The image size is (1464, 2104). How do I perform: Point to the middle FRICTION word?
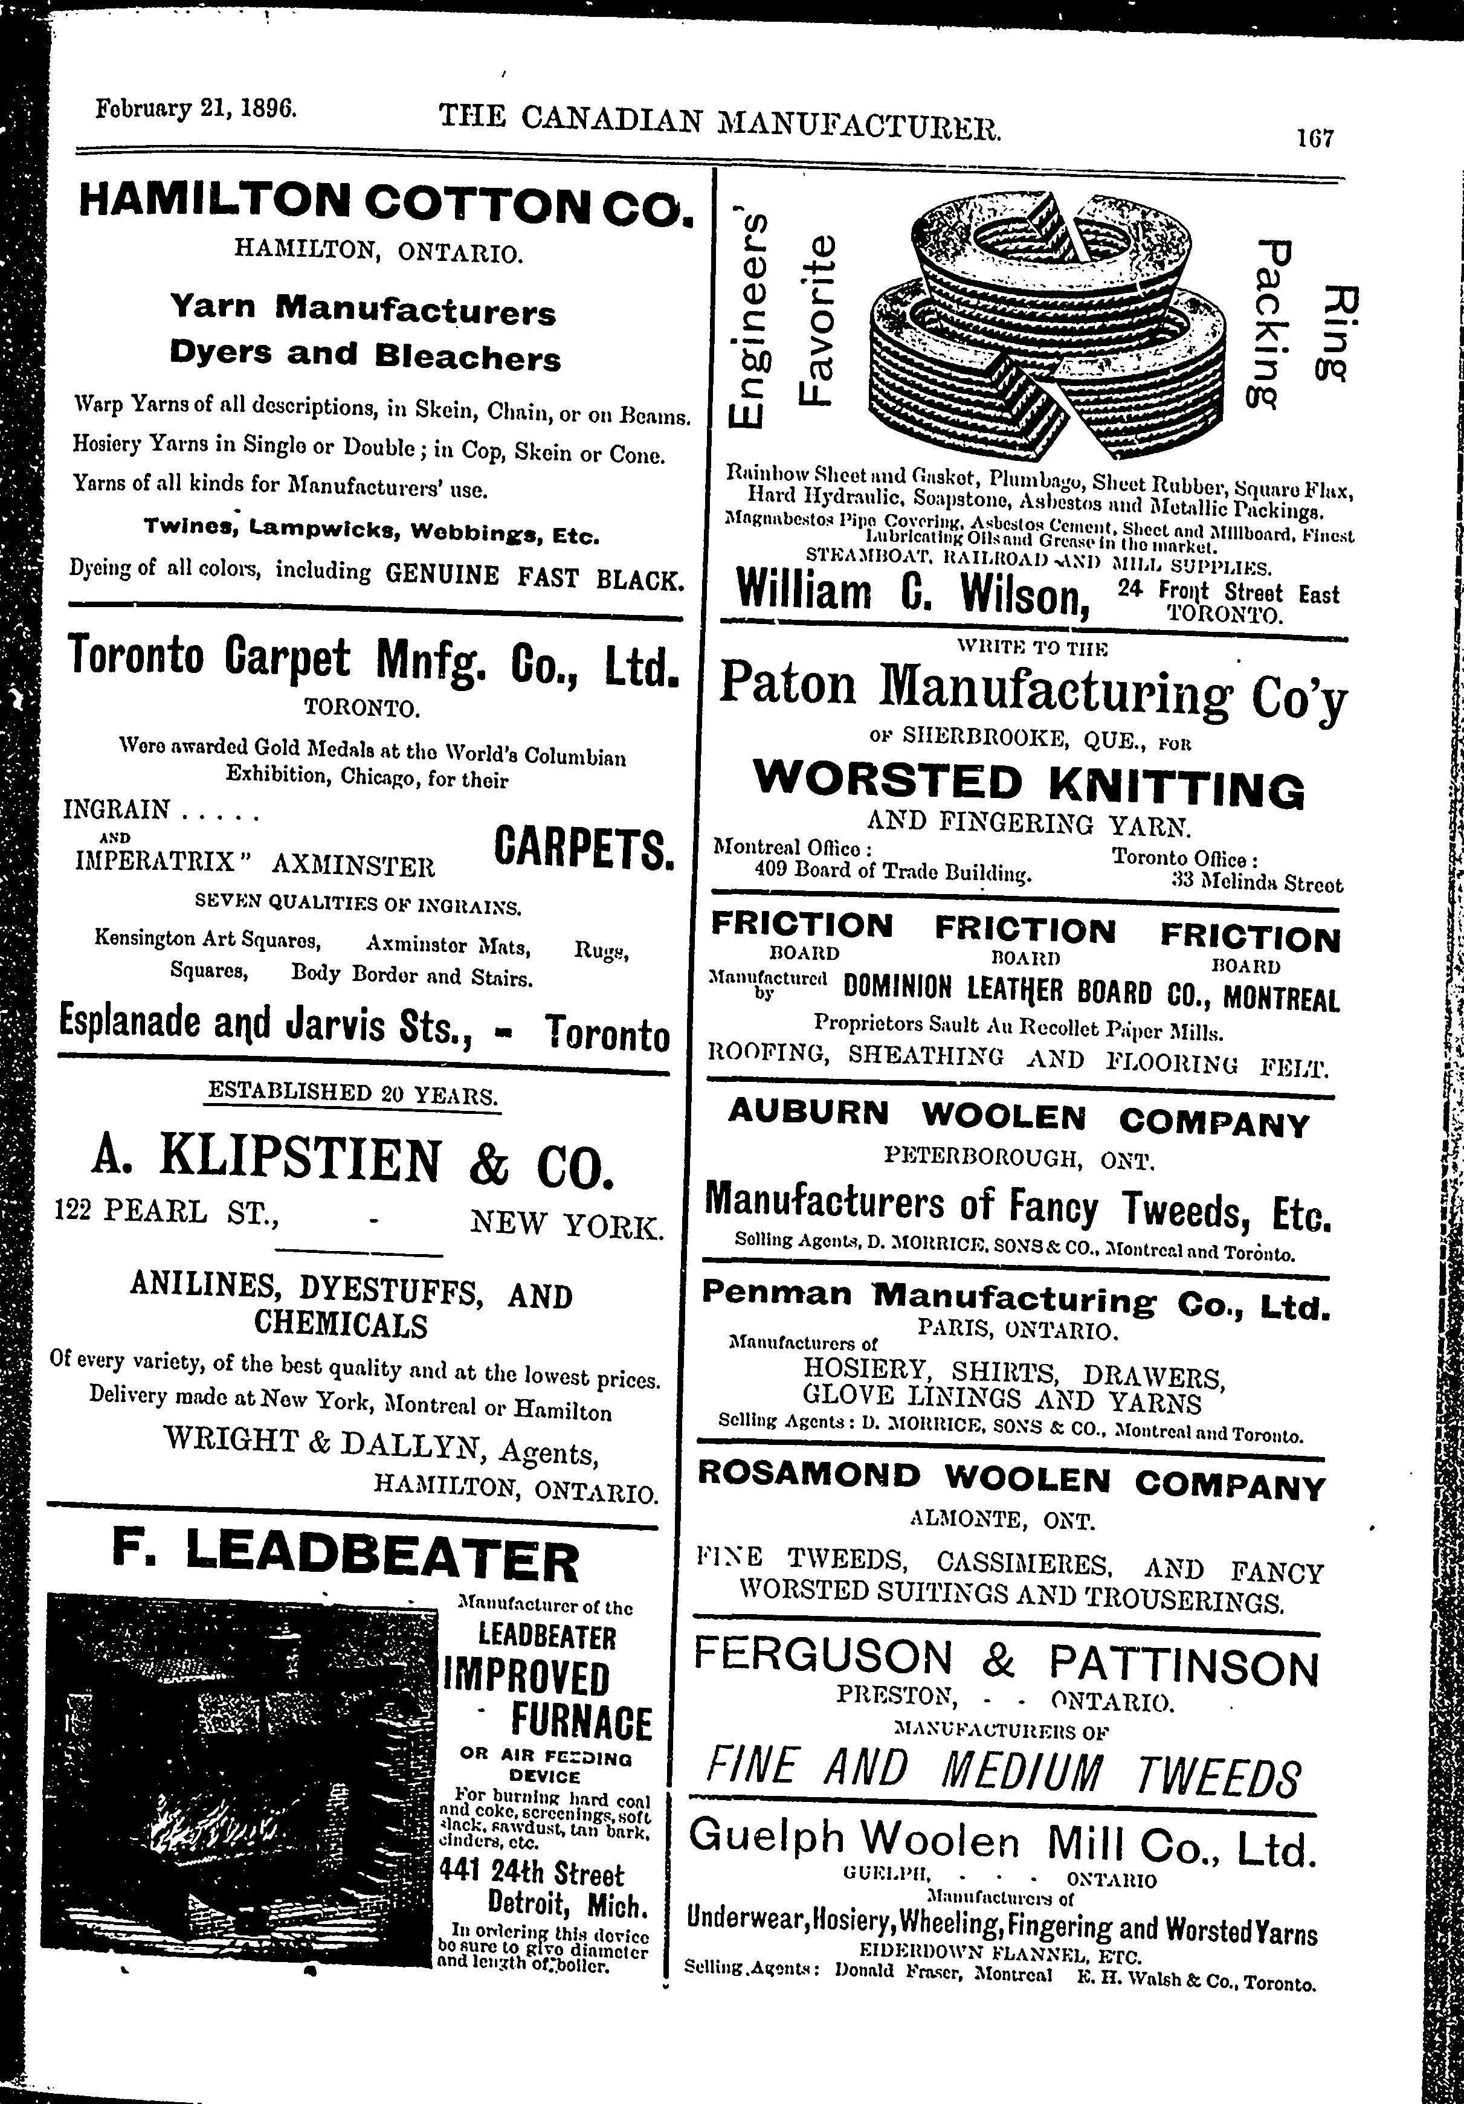coord(1025,928)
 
